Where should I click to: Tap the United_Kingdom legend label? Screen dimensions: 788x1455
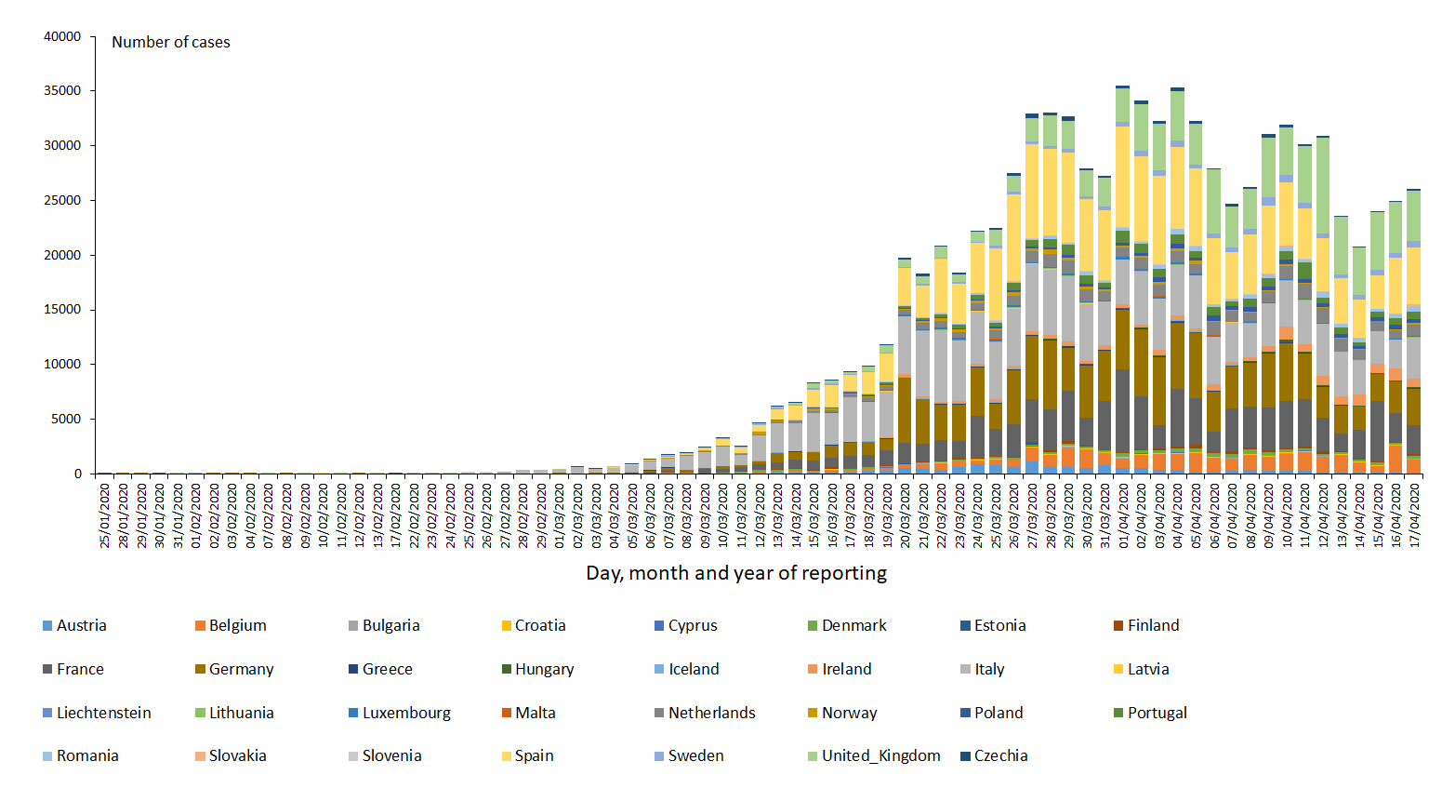tap(880, 755)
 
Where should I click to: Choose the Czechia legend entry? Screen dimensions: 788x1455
tap(1000, 755)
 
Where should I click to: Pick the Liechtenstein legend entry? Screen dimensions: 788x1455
tap(103, 713)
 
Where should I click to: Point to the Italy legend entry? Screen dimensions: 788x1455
tap(989, 669)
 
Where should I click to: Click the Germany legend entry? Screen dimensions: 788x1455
tap(241, 669)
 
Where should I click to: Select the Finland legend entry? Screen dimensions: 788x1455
tap(1153, 625)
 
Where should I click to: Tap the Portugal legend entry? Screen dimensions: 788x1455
tap(1157, 713)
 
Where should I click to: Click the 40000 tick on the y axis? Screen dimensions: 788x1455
tap(63, 36)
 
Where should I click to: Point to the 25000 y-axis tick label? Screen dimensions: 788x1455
tap(63, 200)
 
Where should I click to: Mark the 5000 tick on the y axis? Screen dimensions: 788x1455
tap(67, 419)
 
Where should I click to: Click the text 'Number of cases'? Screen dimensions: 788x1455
tap(171, 42)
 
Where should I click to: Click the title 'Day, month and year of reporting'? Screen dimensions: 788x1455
tap(736, 573)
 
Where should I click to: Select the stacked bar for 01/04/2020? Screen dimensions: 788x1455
tap(1123, 279)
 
